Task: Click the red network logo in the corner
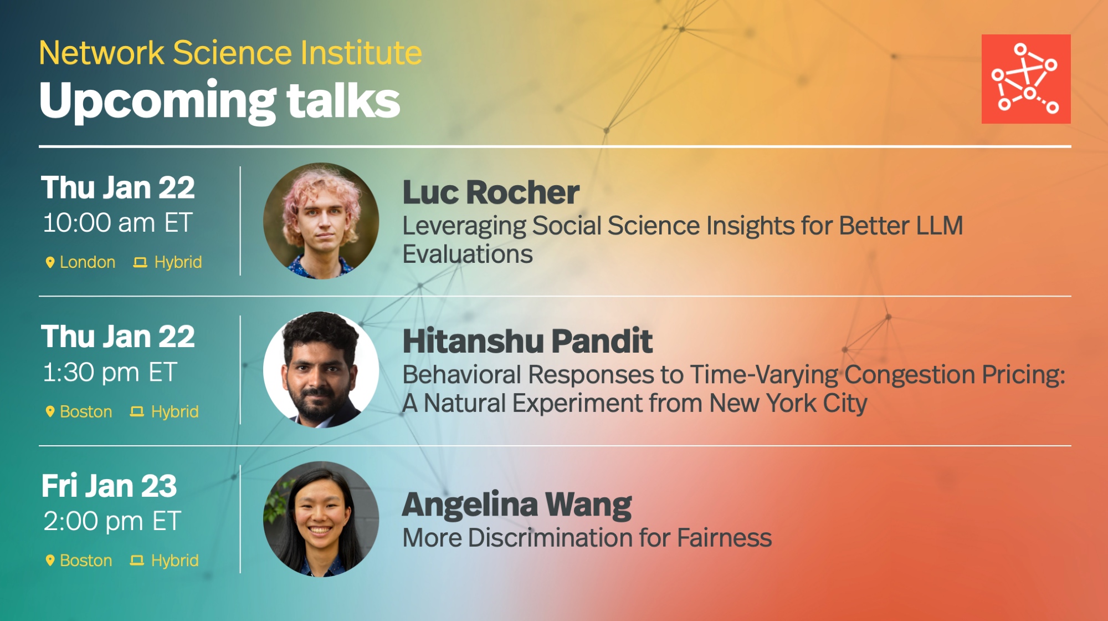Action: tap(1026, 79)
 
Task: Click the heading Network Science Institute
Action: tap(230, 53)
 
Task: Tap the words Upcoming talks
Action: tap(220, 101)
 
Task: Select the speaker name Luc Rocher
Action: tap(491, 192)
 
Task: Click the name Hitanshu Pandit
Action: tap(527, 340)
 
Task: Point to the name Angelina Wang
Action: tap(517, 505)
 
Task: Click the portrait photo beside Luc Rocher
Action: tap(321, 221)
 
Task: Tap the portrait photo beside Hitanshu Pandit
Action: tap(321, 370)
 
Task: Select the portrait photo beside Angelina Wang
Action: tap(321, 519)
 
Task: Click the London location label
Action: tap(88, 262)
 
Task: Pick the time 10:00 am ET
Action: tap(118, 223)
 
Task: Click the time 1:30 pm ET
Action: tap(110, 372)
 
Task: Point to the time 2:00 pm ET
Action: tap(112, 521)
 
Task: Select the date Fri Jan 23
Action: tap(109, 486)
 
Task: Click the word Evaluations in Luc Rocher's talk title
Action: tap(468, 254)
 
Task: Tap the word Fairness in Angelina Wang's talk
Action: tap(724, 538)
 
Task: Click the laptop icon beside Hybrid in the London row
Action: tap(140, 262)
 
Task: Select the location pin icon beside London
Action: tap(50, 262)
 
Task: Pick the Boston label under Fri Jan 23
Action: tap(86, 561)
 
